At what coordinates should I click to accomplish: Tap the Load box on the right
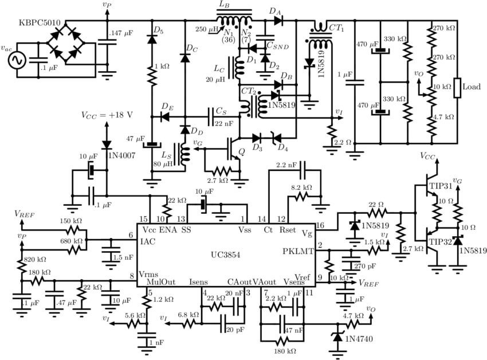tap(458, 88)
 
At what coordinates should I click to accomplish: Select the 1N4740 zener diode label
tap(360, 339)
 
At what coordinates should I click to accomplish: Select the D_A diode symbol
tap(278, 21)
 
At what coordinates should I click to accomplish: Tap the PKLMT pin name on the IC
tap(299, 251)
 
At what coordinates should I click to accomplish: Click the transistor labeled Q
tap(233, 148)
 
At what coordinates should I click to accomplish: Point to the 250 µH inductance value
tap(206, 29)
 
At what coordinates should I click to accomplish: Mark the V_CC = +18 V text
tap(107, 114)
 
